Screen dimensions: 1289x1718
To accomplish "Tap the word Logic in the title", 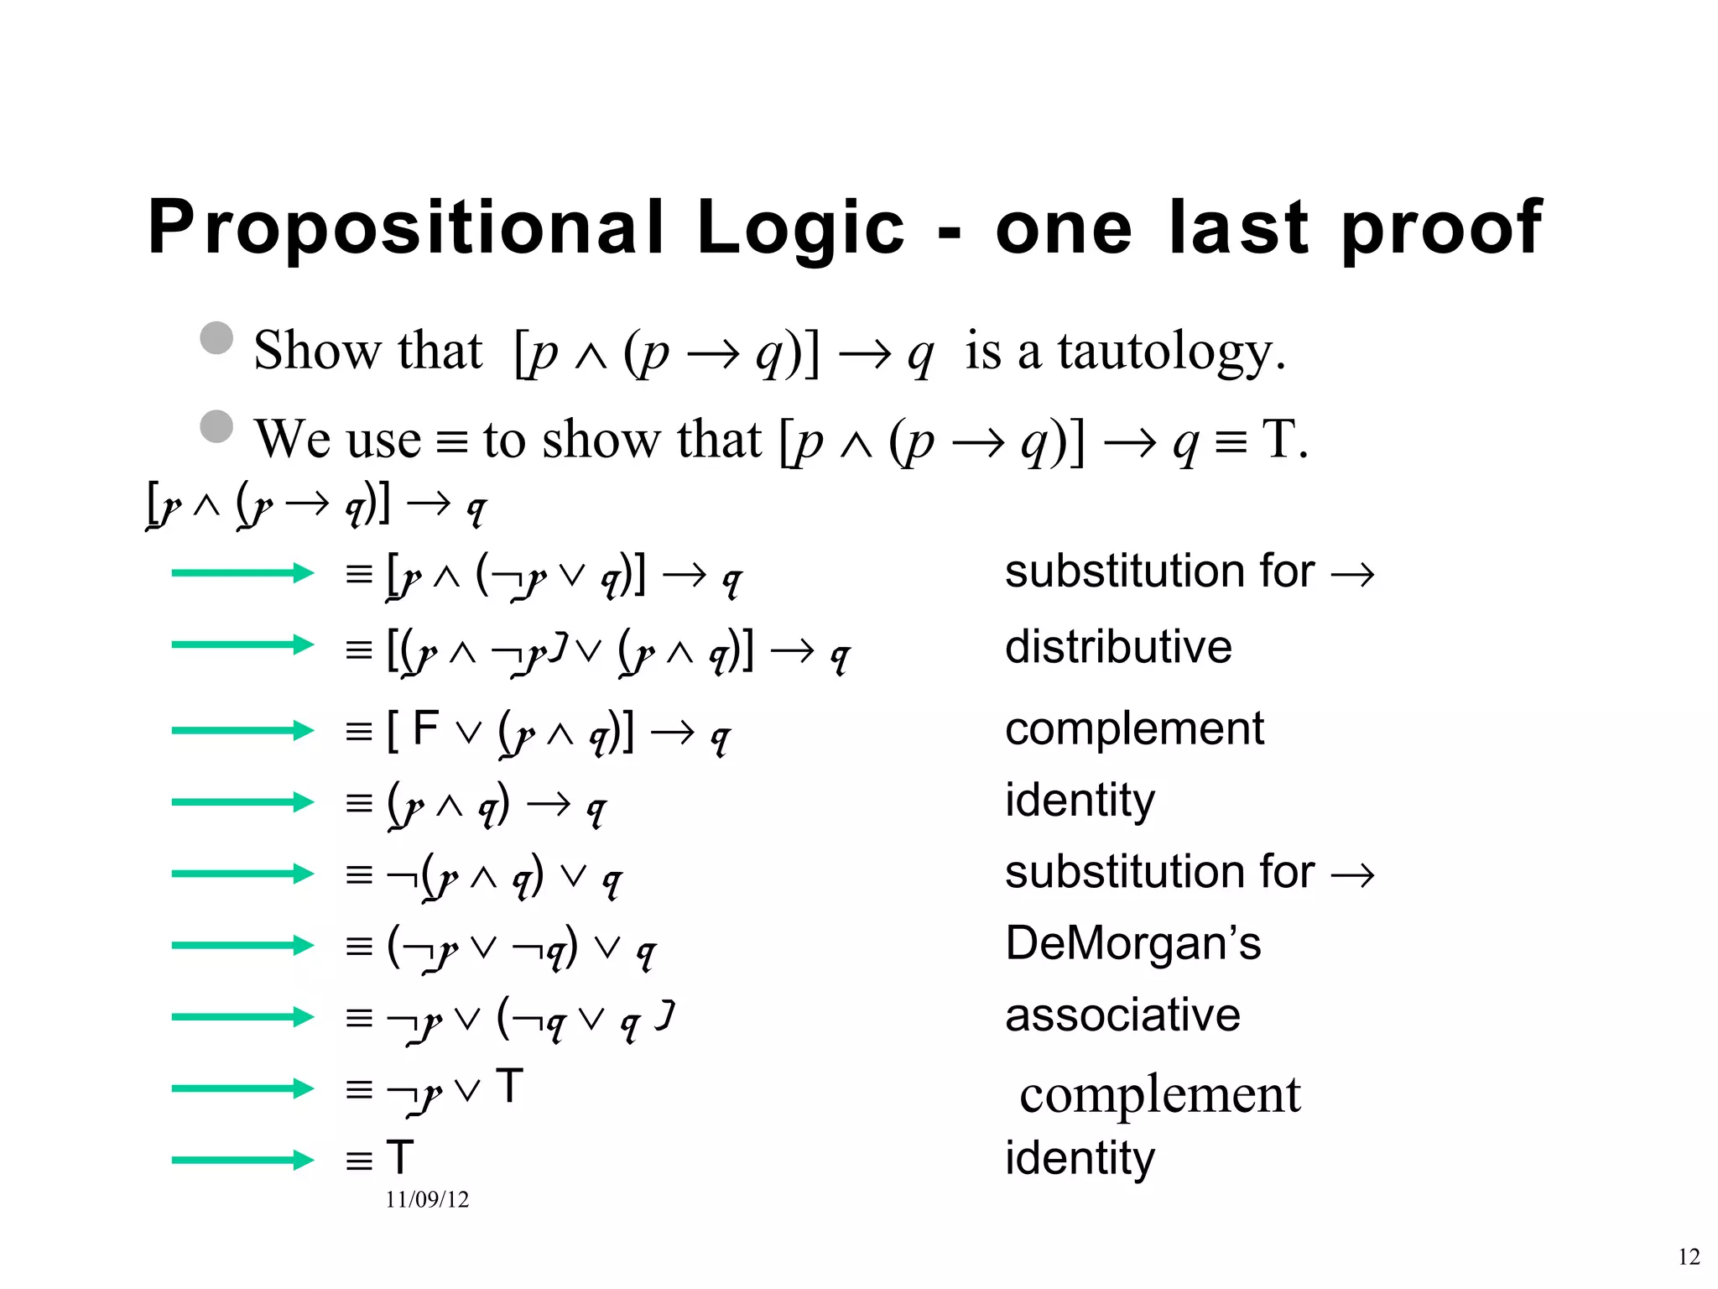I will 801,228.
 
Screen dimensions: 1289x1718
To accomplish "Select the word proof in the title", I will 1441,228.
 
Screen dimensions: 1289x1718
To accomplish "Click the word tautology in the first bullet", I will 1170,352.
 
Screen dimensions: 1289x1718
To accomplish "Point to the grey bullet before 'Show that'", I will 216,338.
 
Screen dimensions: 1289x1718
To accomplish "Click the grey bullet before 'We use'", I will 216,426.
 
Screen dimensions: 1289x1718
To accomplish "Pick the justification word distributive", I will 1118,647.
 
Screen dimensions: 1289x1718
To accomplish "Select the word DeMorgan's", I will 1132,943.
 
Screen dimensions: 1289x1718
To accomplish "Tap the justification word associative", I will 1122,1015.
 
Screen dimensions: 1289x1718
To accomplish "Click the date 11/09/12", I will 427,1199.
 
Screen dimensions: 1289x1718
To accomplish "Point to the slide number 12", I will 1689,1256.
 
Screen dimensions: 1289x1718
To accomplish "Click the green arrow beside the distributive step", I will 242,644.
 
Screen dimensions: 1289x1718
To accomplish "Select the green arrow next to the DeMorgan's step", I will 242,945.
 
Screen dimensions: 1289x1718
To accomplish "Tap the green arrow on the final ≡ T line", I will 242,1161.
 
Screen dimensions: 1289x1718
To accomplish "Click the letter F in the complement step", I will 426,728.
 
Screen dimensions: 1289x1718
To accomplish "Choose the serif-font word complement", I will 1160,1094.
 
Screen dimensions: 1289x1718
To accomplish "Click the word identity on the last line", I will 1080,1158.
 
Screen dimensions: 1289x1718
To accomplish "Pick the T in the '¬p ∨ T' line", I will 509,1086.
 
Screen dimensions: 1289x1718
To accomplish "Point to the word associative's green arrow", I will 242,1017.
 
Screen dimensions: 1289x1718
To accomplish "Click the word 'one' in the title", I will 1064,228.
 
